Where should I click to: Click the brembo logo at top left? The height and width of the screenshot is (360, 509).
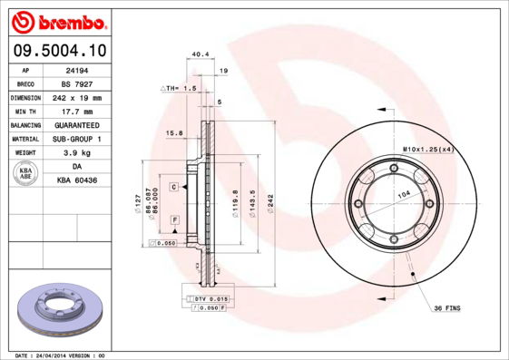click(58, 19)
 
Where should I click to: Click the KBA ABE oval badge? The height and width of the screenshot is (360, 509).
click(26, 174)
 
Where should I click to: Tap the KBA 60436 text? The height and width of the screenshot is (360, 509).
click(77, 180)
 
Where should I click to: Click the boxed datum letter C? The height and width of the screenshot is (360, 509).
click(173, 186)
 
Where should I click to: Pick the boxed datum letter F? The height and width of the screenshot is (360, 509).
click(173, 220)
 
